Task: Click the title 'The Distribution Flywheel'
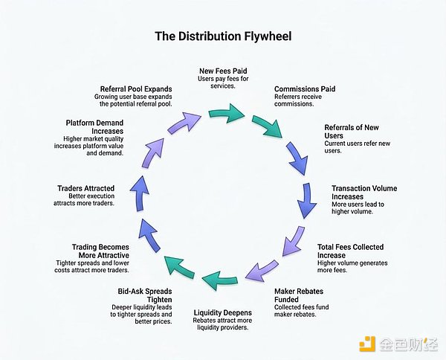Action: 222,36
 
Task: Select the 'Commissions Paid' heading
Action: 304,89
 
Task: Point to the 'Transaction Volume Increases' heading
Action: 363,193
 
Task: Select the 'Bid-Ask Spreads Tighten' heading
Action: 145,295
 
